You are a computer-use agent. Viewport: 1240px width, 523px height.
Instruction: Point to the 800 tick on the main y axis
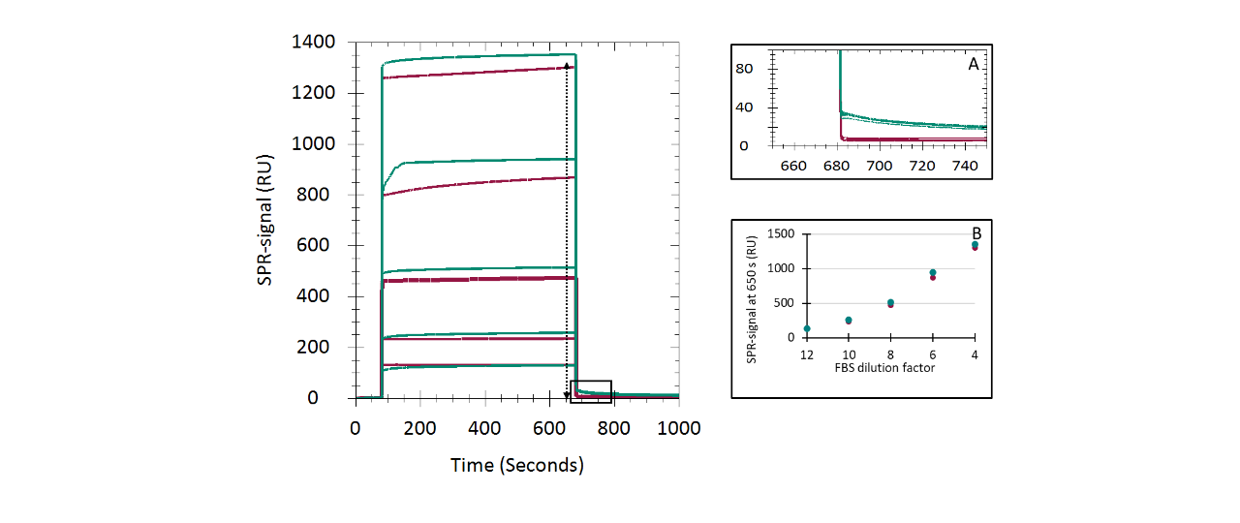(x=320, y=195)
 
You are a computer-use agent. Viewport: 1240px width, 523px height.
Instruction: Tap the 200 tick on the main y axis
(x=320, y=347)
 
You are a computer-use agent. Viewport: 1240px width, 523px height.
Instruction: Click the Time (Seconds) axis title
(x=517, y=466)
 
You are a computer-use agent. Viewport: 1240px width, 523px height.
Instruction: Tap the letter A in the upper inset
(x=973, y=64)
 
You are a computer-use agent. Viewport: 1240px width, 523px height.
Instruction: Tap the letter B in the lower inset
(x=976, y=233)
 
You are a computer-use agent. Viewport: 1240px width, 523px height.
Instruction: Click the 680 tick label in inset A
(x=837, y=167)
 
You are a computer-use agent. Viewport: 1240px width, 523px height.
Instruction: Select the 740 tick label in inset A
(x=965, y=167)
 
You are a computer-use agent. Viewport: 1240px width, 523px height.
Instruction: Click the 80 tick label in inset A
(x=743, y=68)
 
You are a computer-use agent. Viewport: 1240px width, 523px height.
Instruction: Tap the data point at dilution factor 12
(x=806, y=329)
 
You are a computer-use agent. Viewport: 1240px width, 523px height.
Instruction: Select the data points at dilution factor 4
(x=975, y=246)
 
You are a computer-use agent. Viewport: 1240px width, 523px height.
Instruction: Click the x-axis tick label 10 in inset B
(x=849, y=354)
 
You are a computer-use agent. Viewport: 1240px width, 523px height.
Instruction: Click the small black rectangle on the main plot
(x=590, y=391)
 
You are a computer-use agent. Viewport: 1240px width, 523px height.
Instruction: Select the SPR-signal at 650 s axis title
(x=752, y=294)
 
